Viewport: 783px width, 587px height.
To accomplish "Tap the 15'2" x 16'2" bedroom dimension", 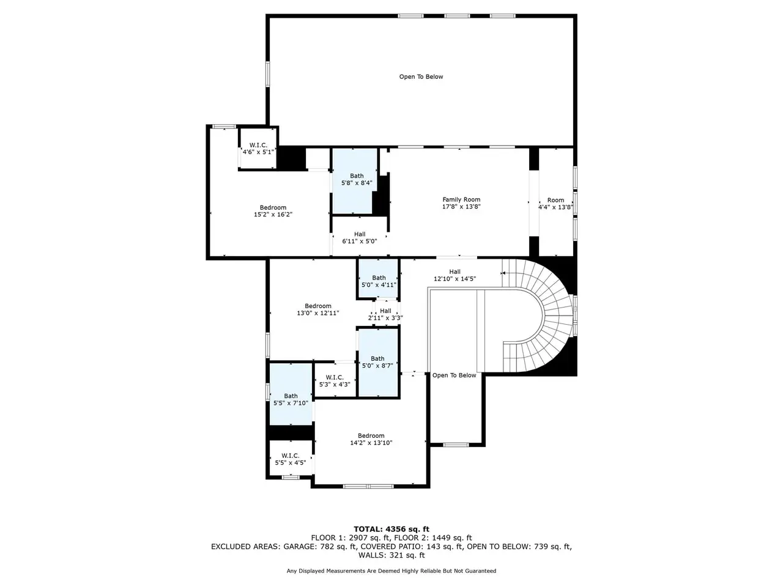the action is (x=273, y=214).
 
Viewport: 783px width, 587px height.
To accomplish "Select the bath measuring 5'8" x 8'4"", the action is (x=357, y=179).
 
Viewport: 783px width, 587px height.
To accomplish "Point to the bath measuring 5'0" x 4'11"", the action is (x=379, y=281).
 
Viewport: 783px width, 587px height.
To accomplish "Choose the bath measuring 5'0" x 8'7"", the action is (x=377, y=362).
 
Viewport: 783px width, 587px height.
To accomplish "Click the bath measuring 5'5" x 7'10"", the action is (x=291, y=399).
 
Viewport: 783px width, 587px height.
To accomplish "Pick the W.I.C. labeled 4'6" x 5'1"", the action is (x=258, y=148).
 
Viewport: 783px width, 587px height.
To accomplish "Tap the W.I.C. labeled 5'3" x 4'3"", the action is (x=335, y=381).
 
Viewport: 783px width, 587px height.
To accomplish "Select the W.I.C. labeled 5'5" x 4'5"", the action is (x=291, y=459).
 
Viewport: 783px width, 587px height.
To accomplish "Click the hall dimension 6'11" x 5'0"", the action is (x=360, y=242).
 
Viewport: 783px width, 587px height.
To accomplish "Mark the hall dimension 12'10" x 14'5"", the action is (x=455, y=279).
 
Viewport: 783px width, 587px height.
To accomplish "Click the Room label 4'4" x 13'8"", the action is (x=556, y=204).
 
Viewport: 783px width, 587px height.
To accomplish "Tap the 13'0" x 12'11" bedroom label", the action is (x=318, y=313).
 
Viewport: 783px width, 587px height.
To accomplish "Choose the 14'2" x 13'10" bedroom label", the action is (x=371, y=443).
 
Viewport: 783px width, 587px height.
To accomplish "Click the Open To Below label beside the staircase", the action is (x=454, y=375).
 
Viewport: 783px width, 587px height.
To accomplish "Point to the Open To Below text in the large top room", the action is (x=421, y=76).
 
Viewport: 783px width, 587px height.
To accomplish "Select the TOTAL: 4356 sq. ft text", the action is (x=391, y=530).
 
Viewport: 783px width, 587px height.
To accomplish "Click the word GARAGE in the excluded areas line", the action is (x=299, y=547).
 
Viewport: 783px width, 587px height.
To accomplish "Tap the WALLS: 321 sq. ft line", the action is (x=391, y=555).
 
